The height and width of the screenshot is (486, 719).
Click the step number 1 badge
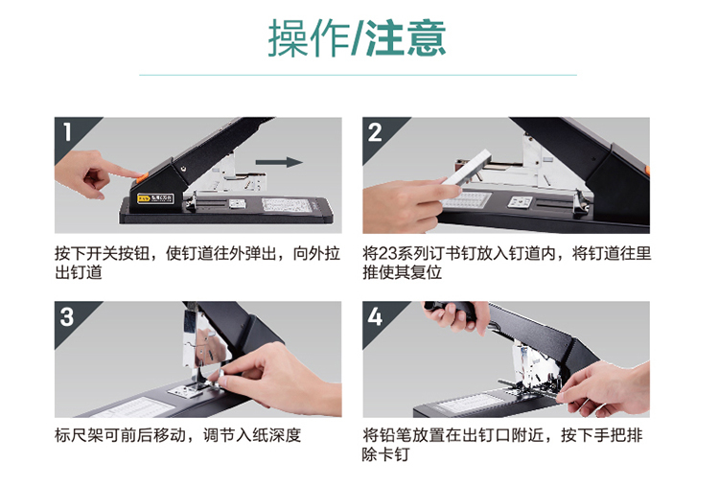pyautogui.click(x=67, y=132)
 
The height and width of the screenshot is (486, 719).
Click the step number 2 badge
pyautogui.click(x=375, y=132)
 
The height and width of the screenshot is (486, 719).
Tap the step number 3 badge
pyautogui.click(x=67, y=317)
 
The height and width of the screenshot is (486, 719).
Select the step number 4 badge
pyautogui.click(x=375, y=317)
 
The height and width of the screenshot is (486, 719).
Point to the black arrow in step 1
pyautogui.click(x=279, y=162)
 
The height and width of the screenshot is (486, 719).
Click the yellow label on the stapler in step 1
pyautogui.click(x=155, y=199)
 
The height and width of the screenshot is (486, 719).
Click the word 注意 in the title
pyautogui.click(x=406, y=38)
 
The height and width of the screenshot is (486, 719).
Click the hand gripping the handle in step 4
pyautogui.click(x=454, y=315)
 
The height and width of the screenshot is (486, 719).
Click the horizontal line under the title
pyautogui.click(x=358, y=75)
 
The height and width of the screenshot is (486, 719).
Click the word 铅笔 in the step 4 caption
pyautogui.click(x=395, y=434)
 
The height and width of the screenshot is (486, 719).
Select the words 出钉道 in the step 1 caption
pyautogui.click(x=79, y=272)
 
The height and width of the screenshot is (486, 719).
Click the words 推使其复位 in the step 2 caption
pyautogui.click(x=402, y=272)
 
